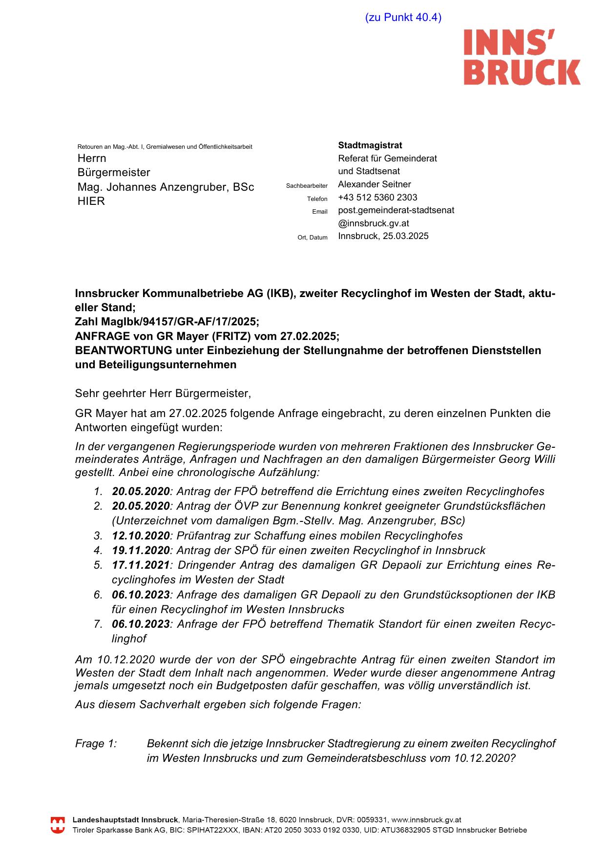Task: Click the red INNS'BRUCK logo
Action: click(x=522, y=57)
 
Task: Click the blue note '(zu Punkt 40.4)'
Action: click(x=403, y=18)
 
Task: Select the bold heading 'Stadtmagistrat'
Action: click(x=370, y=145)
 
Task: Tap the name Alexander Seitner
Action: click(x=374, y=184)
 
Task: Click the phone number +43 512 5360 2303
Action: click(x=377, y=198)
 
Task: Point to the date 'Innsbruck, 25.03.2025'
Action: click(x=383, y=236)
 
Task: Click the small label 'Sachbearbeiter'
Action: click(x=307, y=186)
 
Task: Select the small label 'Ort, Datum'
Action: click(x=313, y=238)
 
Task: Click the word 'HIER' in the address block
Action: click(x=91, y=201)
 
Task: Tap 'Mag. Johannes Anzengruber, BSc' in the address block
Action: click(x=166, y=187)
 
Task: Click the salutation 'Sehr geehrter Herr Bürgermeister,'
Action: click(x=163, y=393)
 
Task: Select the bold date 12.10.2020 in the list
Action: click(x=141, y=536)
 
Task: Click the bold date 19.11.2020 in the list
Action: click(x=141, y=550)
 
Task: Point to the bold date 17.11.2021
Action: click(x=141, y=565)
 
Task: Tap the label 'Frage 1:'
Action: click(x=96, y=744)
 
